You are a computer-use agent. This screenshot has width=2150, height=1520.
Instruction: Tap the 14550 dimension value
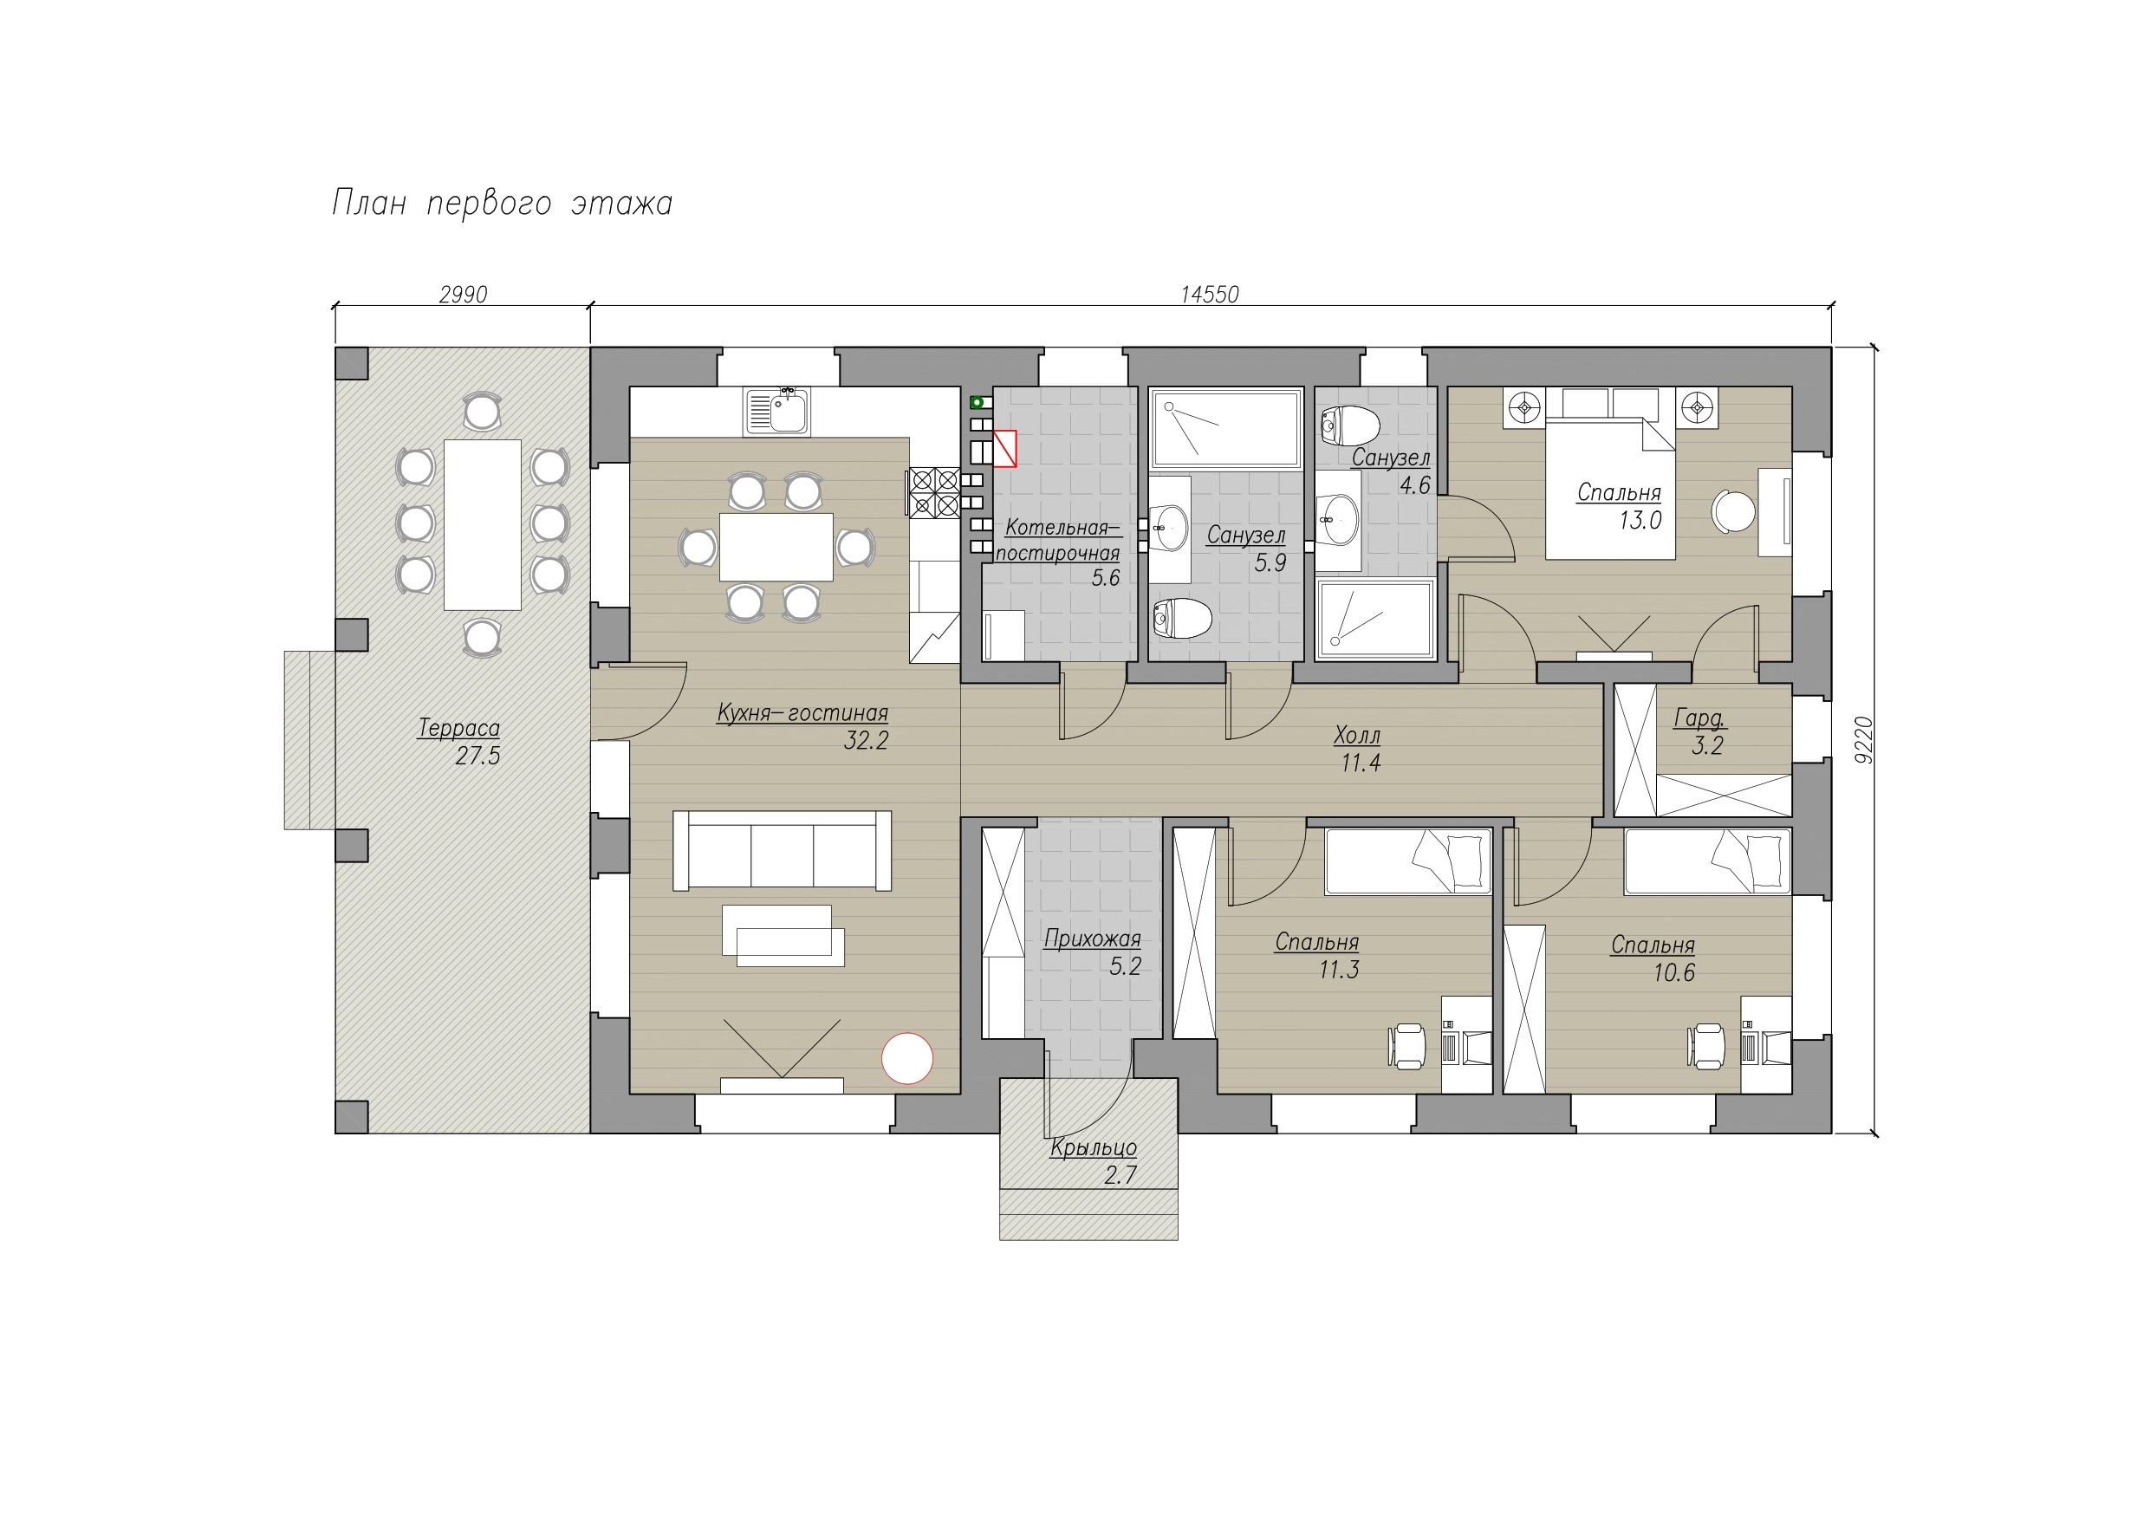(x=1209, y=295)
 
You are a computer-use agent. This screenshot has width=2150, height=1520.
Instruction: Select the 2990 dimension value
(x=463, y=295)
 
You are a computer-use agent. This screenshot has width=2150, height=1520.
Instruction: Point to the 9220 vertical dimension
(x=1863, y=740)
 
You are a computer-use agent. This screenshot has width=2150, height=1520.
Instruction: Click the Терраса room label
(x=458, y=728)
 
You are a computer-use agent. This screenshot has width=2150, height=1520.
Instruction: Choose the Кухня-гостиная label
(x=802, y=712)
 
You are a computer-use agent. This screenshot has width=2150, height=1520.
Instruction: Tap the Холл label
(x=1357, y=736)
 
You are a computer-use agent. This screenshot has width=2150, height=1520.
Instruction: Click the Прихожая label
(x=1093, y=939)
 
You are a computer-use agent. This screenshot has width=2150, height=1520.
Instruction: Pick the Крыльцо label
(x=1094, y=1147)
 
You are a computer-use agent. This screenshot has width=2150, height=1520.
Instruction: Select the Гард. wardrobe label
(x=1699, y=718)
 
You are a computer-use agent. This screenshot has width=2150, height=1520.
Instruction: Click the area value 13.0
(x=1640, y=521)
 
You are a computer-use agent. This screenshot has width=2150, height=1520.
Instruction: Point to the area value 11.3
(x=1339, y=971)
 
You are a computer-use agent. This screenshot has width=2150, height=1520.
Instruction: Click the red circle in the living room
(x=907, y=1058)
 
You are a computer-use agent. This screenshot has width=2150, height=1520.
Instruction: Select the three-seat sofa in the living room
(x=782, y=850)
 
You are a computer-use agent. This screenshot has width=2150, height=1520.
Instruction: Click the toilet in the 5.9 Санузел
(x=1182, y=618)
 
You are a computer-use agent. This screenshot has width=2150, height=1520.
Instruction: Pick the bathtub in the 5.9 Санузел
(x=1225, y=430)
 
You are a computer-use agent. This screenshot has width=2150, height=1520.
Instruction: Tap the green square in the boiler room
(x=977, y=403)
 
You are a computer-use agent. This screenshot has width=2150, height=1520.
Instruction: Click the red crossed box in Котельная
(x=1004, y=449)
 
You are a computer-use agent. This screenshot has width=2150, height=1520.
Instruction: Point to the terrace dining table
(x=482, y=524)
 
